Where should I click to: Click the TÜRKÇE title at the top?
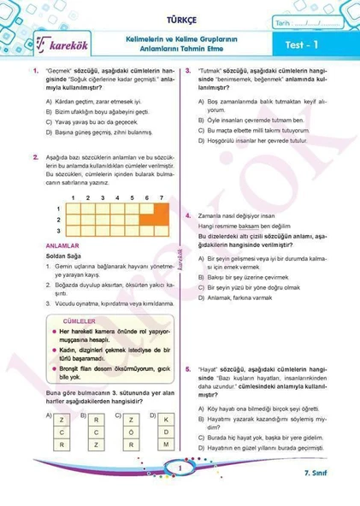(x=180, y=15)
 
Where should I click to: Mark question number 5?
(x=188, y=369)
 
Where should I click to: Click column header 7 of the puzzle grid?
(x=162, y=197)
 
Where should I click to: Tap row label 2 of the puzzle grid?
(x=58, y=220)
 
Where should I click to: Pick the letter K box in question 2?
(x=167, y=421)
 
